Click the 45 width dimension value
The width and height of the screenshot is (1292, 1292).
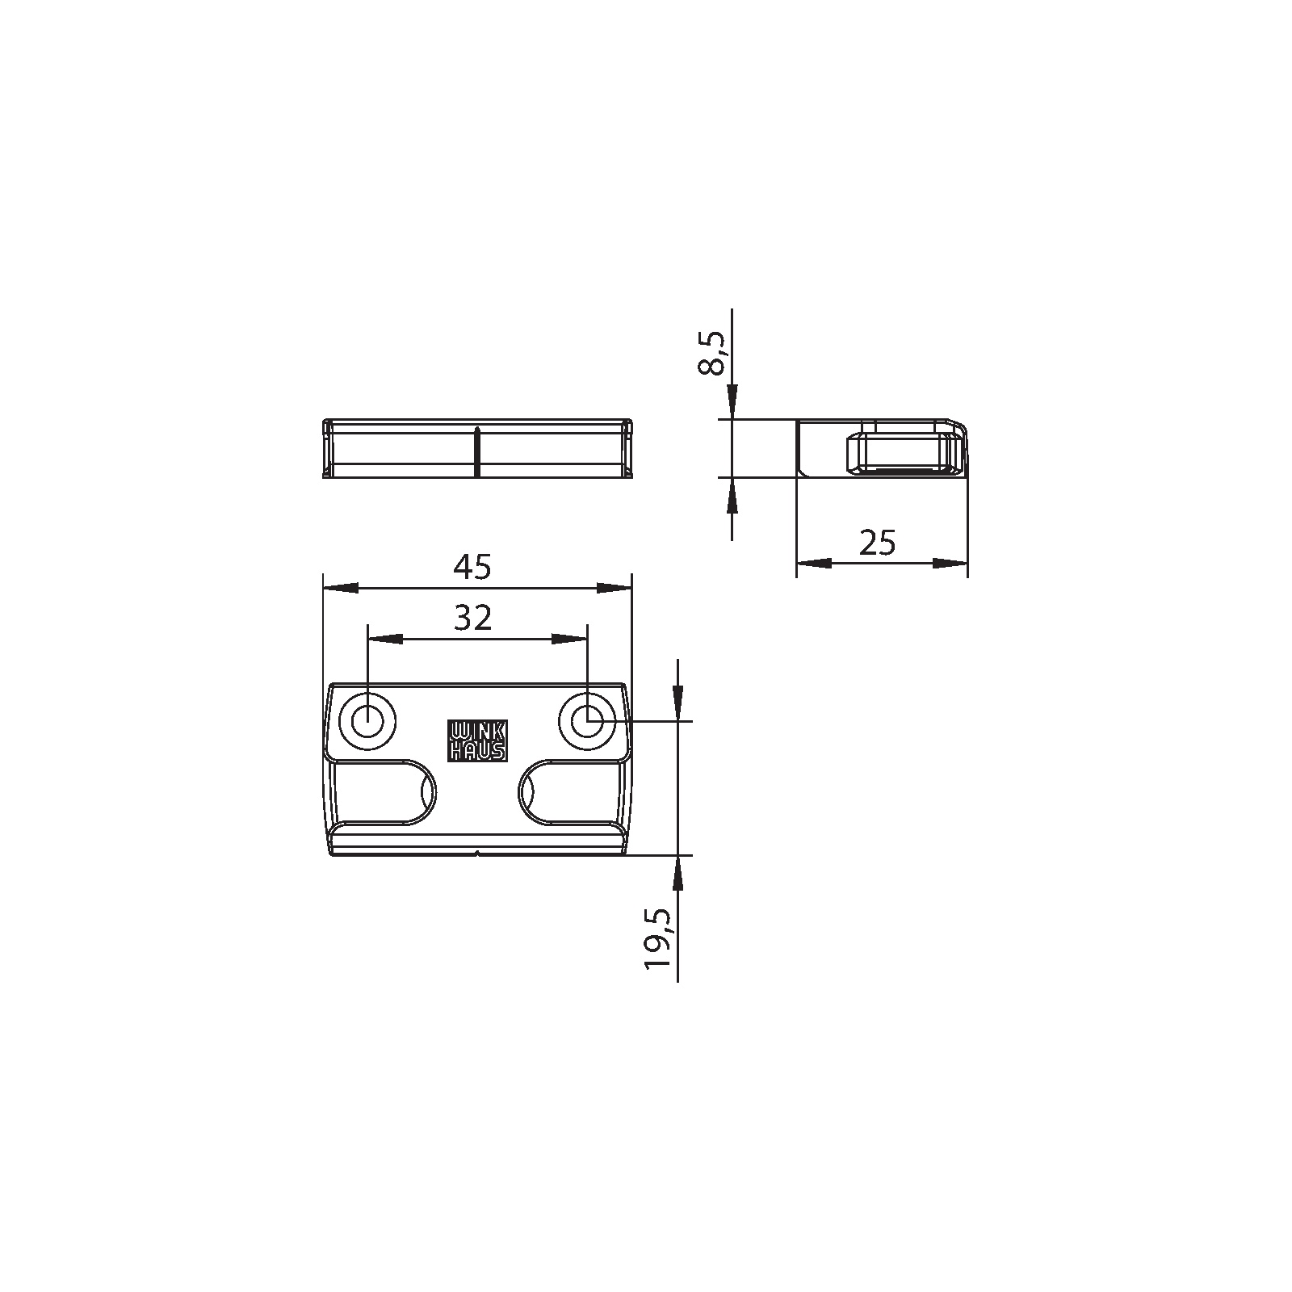(472, 568)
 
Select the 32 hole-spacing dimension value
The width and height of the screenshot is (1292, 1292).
(472, 619)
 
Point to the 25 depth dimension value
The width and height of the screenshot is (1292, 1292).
(878, 543)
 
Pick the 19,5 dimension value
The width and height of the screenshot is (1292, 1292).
(657, 938)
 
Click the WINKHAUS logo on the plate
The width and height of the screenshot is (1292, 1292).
(477, 740)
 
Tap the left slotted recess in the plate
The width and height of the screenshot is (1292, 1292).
(384, 792)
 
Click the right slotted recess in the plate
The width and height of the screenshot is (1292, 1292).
(572, 792)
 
